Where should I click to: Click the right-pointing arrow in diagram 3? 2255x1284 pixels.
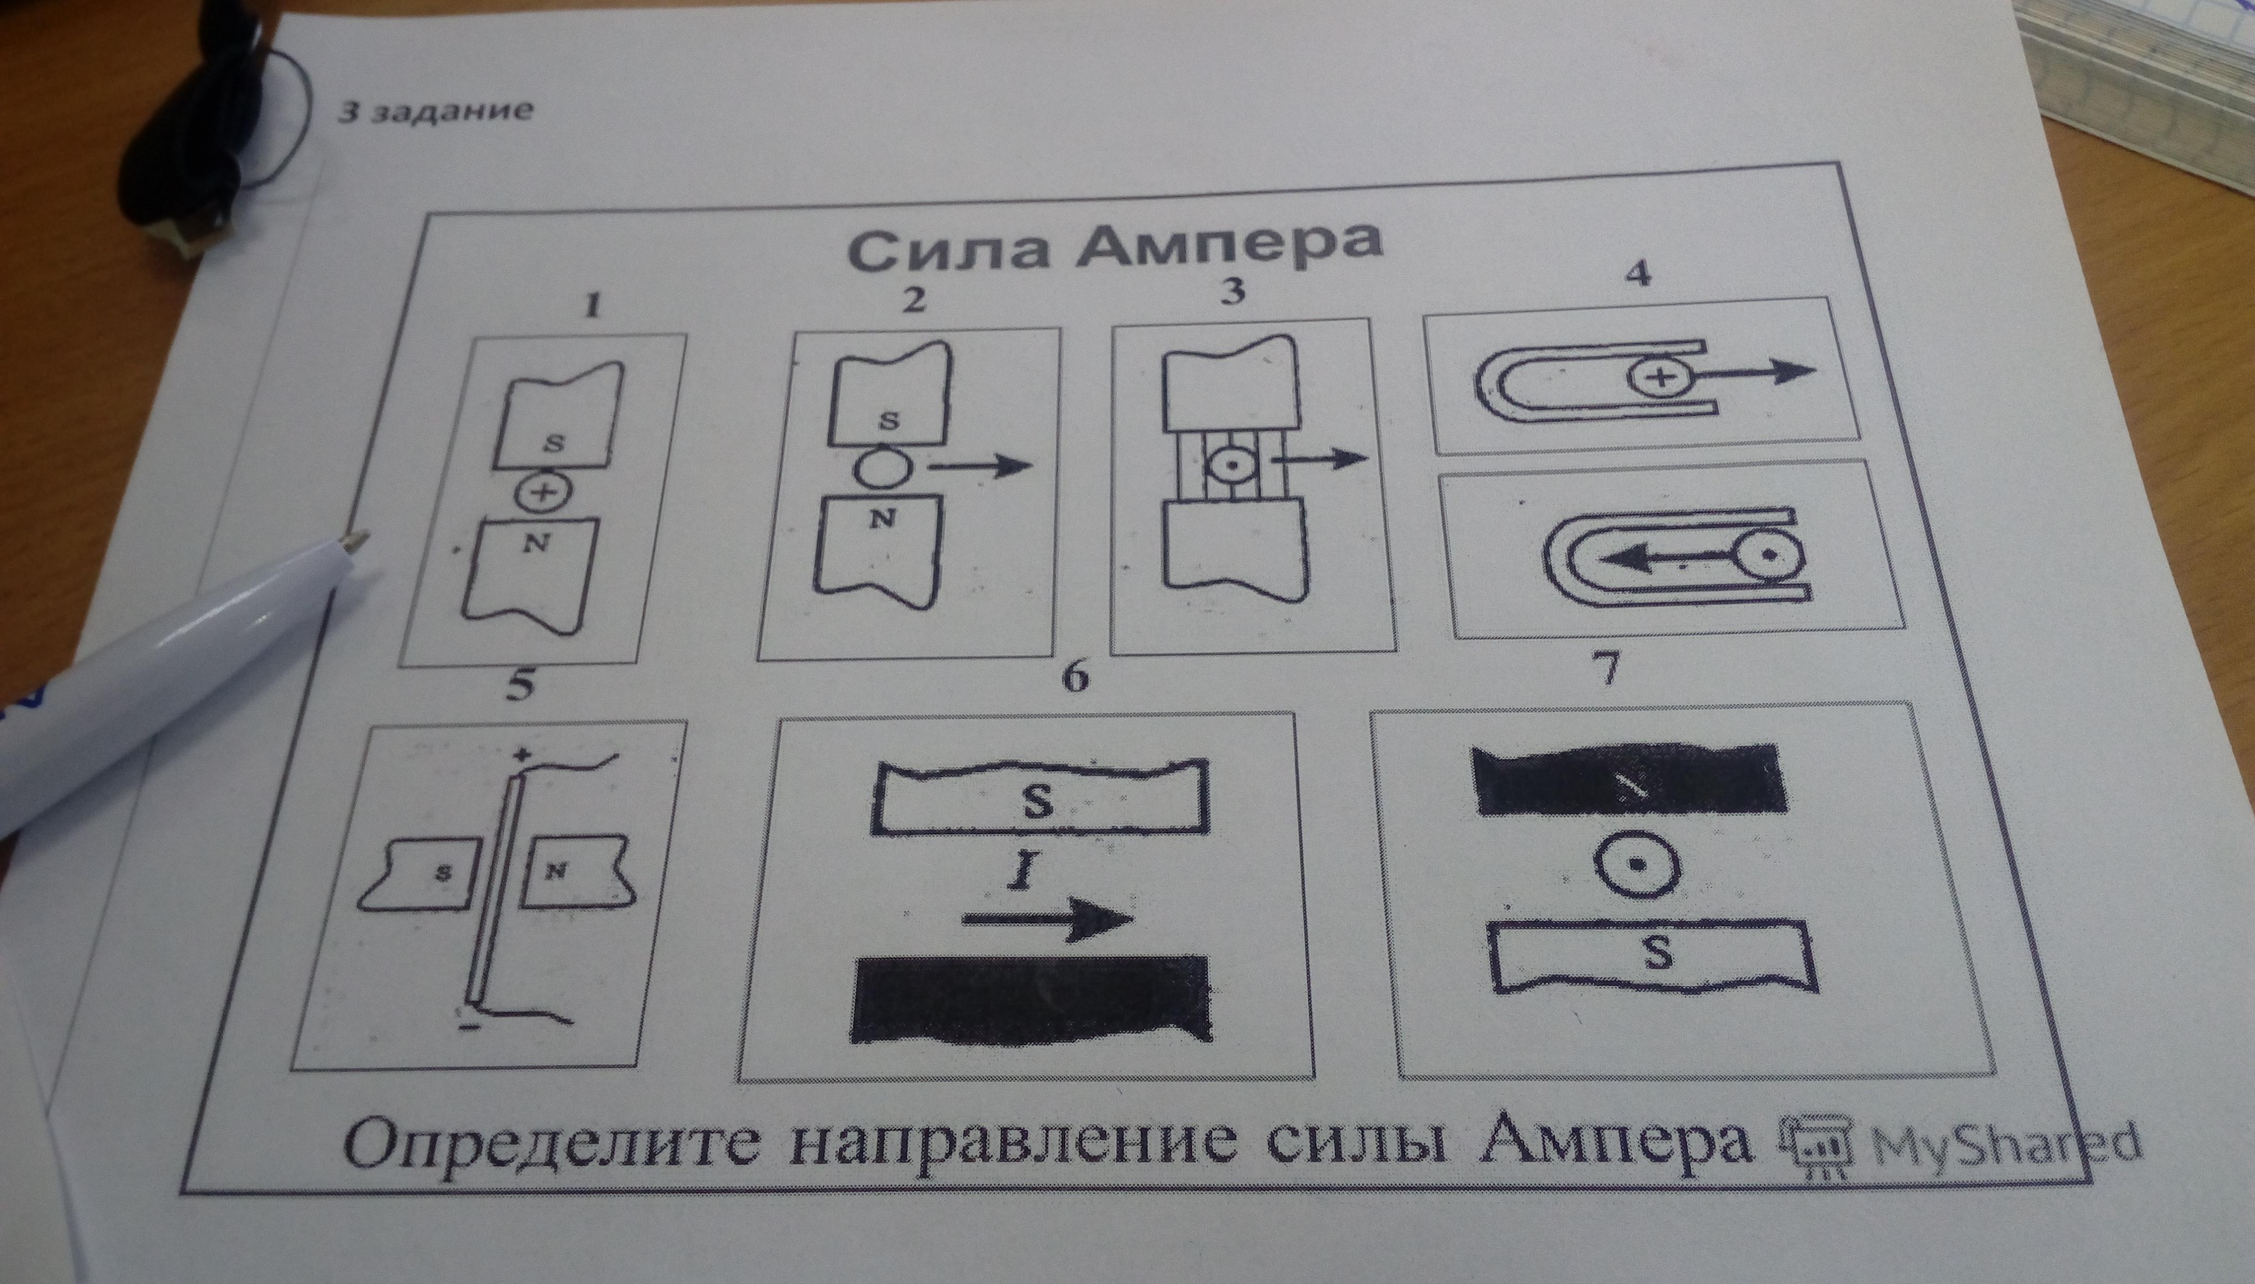[x=1325, y=459]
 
